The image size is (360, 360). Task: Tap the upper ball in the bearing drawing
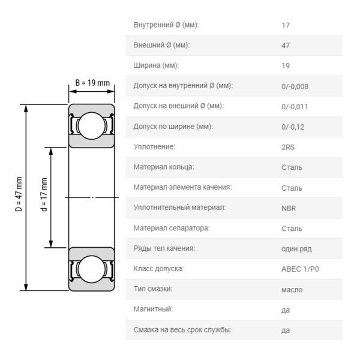click(92, 126)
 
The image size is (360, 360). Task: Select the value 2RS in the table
click(288, 147)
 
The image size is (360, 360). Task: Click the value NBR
click(289, 208)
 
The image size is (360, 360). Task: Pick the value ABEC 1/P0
click(300, 269)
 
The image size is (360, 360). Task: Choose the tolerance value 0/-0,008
click(295, 86)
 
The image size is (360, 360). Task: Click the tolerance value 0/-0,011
click(295, 107)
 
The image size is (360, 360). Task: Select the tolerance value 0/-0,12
click(293, 127)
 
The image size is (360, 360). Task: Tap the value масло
click(292, 290)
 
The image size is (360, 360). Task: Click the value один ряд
click(296, 249)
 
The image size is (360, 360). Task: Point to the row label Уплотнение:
click(154, 147)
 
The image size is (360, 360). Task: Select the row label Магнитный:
click(153, 310)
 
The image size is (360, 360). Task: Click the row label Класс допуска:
click(158, 269)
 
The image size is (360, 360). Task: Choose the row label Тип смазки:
click(153, 290)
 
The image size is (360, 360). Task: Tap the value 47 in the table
click(286, 46)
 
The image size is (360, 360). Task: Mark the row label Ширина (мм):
click(156, 66)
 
